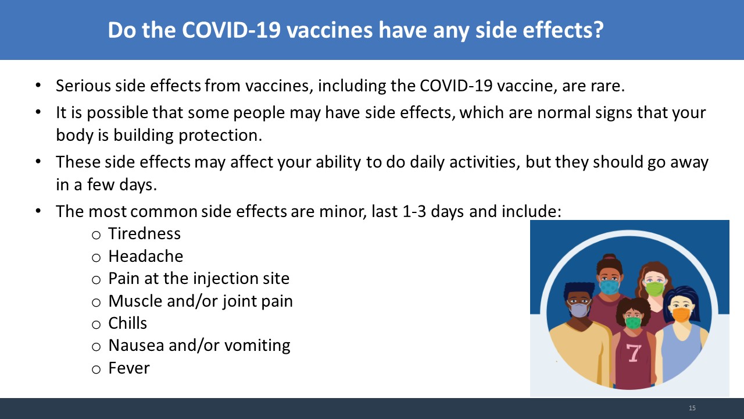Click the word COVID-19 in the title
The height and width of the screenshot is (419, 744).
coord(231,30)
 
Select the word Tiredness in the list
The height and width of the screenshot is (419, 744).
coord(145,233)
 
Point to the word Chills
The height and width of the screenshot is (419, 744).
coord(127,323)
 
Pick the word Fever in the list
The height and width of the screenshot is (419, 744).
coord(129,368)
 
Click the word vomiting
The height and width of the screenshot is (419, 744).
coord(257,346)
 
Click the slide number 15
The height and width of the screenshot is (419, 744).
coord(692,408)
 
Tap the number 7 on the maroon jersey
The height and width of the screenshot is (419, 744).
coord(634,353)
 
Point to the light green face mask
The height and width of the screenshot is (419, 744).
coord(654,289)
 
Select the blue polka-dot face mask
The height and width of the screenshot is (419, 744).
coord(609,287)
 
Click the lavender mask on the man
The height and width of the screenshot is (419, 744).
coord(580,310)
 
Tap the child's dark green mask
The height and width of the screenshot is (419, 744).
coord(634,322)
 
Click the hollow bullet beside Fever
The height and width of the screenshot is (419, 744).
coord(96,369)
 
